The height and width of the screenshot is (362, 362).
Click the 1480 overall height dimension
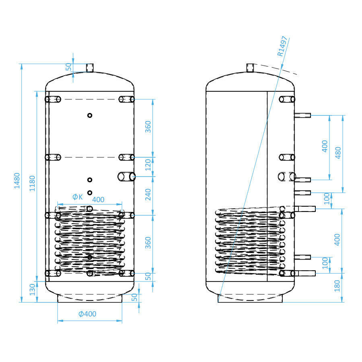[x=16, y=182]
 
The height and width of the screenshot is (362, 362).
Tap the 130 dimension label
[x=33, y=289]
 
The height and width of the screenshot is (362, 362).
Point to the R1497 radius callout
[x=282, y=46]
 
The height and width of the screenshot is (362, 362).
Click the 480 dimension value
[x=338, y=153]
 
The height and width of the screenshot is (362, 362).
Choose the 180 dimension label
[x=337, y=286]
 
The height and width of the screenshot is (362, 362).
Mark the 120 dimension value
[x=148, y=165]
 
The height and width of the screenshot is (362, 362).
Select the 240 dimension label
[x=148, y=195]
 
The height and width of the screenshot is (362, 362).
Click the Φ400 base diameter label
[x=87, y=314]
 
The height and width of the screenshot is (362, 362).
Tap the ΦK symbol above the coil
[x=77, y=197]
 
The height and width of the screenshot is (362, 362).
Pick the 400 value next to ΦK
[x=99, y=199]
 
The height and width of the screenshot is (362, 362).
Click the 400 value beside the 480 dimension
[x=325, y=146]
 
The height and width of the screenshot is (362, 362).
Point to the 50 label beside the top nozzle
[x=68, y=67]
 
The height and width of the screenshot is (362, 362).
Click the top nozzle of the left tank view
[x=90, y=68]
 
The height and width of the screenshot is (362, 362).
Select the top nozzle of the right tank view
[x=251, y=68]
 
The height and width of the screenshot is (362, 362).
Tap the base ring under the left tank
[x=90, y=298]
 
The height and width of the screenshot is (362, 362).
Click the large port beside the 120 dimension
[x=126, y=177]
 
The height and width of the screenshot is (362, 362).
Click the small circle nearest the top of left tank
[x=90, y=115]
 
